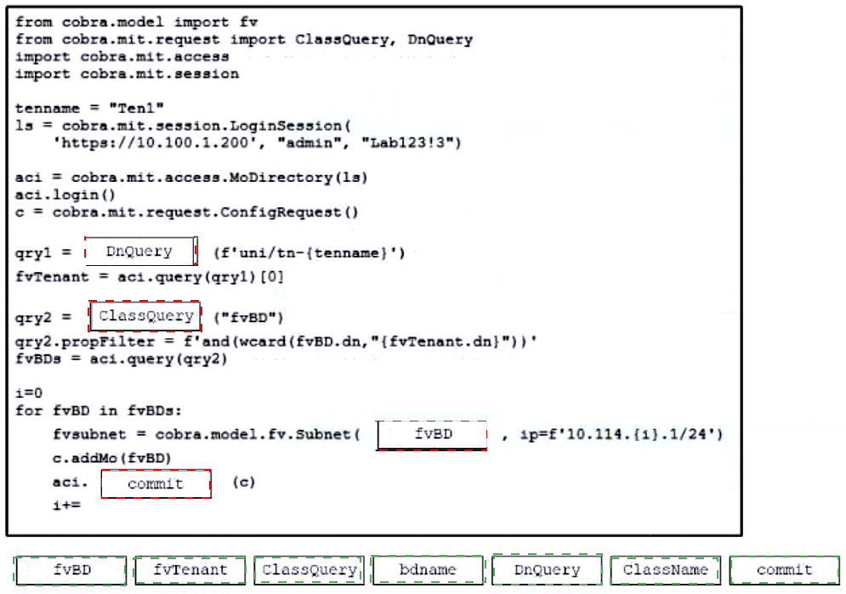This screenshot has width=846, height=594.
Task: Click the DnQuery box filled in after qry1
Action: (141, 252)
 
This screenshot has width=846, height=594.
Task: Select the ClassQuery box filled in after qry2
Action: (145, 316)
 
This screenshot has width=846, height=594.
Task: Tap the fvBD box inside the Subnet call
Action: (432, 434)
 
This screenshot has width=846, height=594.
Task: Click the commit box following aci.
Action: (156, 484)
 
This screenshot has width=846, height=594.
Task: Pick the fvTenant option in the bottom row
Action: (190, 569)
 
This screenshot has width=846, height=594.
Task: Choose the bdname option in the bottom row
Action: (428, 569)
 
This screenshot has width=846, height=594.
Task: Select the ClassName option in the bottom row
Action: (665, 569)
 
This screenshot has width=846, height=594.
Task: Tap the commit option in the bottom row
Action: (785, 569)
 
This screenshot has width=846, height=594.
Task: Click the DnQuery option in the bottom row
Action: (547, 569)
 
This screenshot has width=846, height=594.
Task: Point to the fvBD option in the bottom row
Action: (71, 569)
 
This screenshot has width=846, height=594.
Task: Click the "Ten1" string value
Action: (137, 108)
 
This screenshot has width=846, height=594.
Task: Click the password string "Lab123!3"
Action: (412, 142)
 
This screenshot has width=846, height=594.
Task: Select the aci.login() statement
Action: (65, 195)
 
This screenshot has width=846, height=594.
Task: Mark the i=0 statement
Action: (29, 393)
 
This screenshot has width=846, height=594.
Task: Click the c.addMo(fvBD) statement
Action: (111, 458)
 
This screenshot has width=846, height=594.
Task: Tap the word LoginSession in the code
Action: (286, 126)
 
